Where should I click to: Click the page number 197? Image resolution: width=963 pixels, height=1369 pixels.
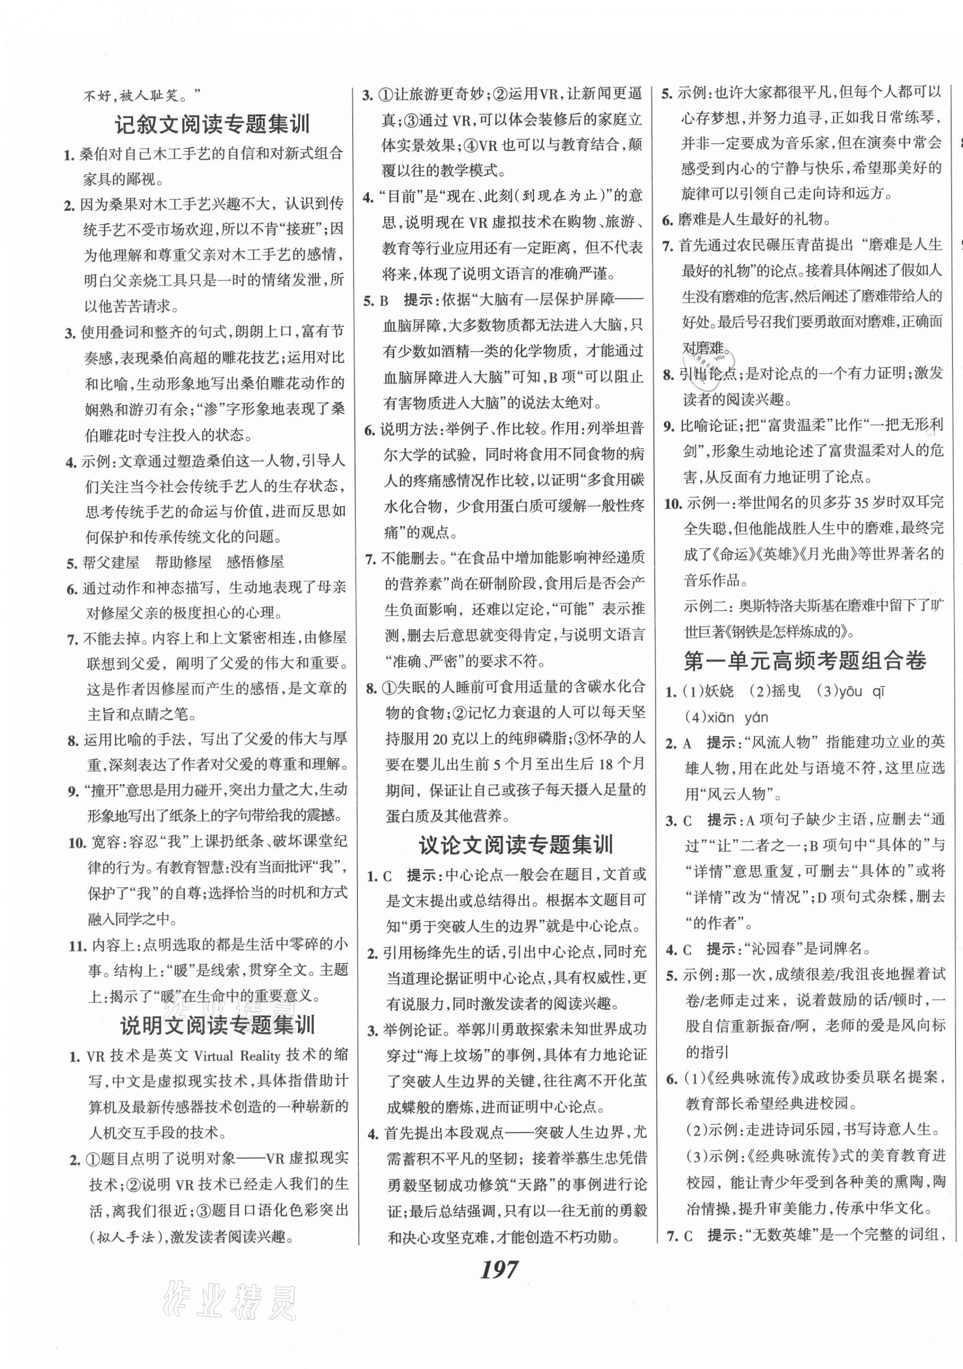(498, 1270)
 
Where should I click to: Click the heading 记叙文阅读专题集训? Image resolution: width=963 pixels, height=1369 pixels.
(213, 125)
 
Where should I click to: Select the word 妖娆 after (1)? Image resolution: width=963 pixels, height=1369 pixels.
(718, 691)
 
